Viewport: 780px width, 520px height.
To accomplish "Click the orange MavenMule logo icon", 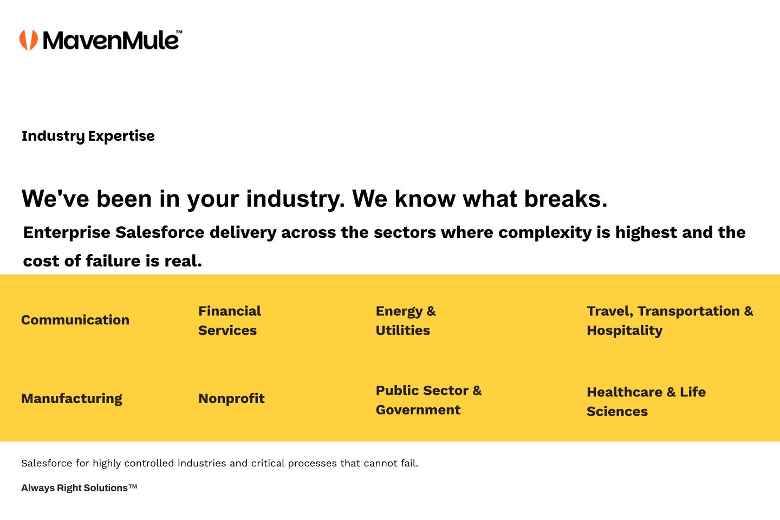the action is point(29,40).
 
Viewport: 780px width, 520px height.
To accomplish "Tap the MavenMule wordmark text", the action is point(112,40).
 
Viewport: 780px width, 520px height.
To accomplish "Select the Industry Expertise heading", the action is point(88,136).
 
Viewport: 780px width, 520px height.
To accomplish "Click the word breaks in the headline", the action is point(566,199).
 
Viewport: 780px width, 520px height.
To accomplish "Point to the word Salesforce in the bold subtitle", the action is point(160,232).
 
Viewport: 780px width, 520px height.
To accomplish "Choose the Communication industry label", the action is point(75,320).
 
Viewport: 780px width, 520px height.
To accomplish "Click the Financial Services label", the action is point(230,321).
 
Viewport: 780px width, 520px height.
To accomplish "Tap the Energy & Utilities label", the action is point(406,321).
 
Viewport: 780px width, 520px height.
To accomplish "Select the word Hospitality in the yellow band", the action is point(625,330).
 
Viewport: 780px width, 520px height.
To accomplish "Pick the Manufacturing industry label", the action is point(71,399).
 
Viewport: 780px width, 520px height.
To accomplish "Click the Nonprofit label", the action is point(232,399).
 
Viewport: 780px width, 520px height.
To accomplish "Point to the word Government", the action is point(418,410).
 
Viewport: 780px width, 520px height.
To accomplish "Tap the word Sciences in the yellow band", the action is point(617,411).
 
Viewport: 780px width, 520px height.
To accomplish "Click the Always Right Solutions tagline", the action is point(79,488).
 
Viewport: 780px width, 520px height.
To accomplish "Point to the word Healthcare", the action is point(625,392).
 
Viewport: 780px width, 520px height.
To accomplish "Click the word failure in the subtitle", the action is point(113,261).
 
